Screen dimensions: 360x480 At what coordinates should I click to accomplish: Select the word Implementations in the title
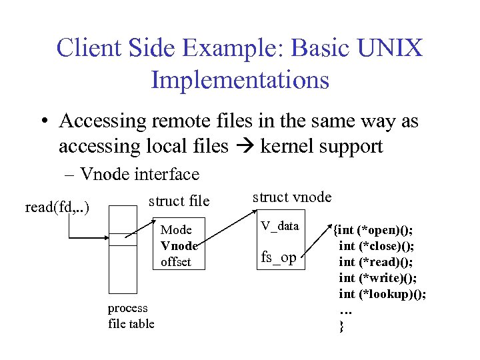240,79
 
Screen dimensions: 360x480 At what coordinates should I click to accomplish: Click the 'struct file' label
179,201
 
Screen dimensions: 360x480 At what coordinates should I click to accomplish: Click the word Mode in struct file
177,230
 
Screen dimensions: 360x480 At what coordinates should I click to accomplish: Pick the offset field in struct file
176,262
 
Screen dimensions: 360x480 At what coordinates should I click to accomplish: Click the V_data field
280,226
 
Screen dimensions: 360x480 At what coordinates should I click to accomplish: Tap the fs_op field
279,257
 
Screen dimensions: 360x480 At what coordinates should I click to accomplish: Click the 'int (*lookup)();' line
383,294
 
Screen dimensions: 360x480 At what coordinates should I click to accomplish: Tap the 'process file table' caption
131,316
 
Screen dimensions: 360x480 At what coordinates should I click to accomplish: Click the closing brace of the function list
342,326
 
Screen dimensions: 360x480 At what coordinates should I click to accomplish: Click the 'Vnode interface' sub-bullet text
139,175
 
